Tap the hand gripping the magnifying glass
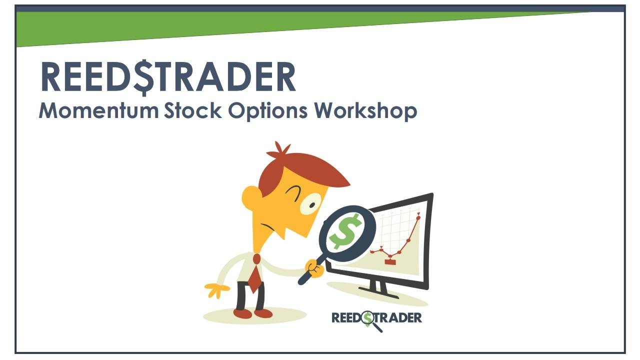click(x=315, y=268)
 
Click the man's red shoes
click(x=252, y=313)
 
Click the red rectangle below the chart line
click(x=390, y=261)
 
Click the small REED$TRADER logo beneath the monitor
click(x=376, y=318)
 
